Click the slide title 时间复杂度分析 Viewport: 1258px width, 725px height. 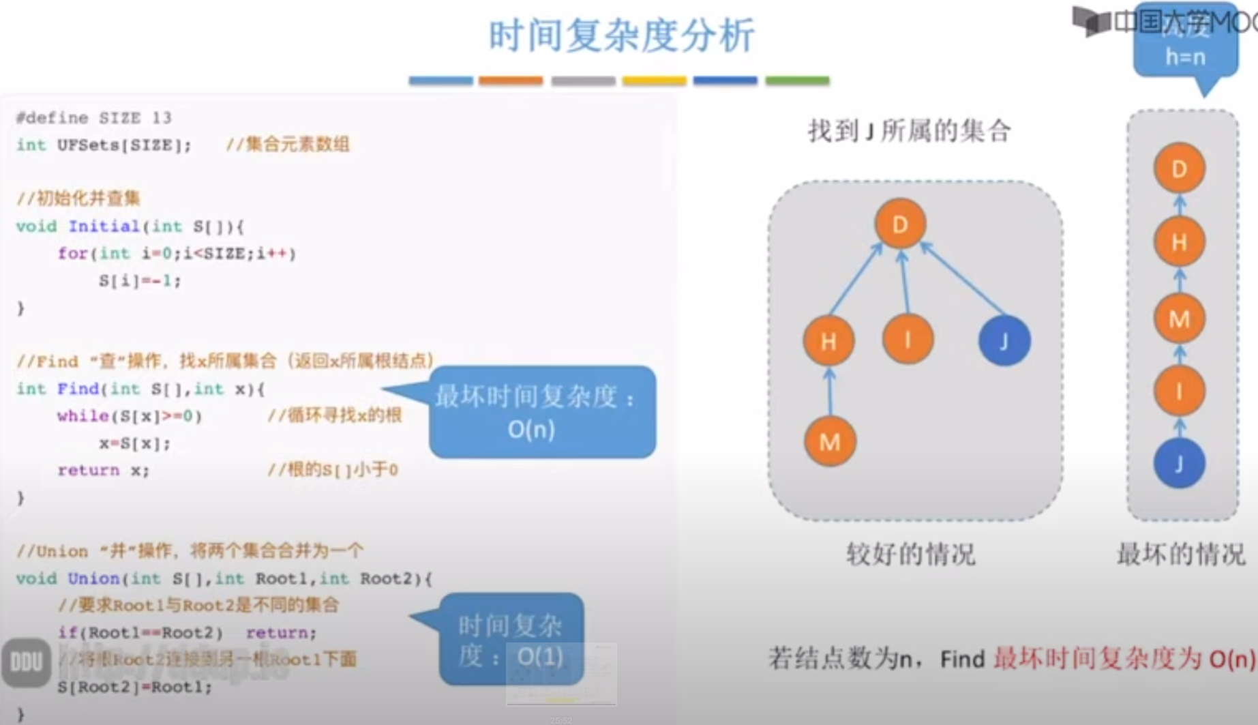click(621, 35)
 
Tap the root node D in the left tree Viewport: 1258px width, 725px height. click(900, 224)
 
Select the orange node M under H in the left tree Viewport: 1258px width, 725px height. click(829, 442)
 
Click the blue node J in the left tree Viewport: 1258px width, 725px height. click(1004, 340)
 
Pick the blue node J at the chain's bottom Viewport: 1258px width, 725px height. click(1179, 464)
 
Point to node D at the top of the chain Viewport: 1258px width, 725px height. click(1179, 168)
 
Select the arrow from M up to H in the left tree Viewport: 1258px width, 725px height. click(829, 392)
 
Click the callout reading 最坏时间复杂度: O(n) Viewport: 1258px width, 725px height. click(542, 412)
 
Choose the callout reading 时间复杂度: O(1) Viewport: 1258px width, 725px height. click(511, 640)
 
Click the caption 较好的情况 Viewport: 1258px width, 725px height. click(910, 554)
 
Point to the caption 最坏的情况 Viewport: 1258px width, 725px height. click(1180, 554)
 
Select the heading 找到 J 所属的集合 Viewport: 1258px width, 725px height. click(910, 130)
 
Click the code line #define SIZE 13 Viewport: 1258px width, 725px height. click(94, 118)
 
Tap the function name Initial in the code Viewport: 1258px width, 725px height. click(104, 226)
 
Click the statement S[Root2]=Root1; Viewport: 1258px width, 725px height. click(135, 687)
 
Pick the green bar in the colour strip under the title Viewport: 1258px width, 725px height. click(797, 80)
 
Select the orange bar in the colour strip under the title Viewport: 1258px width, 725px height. click(511, 80)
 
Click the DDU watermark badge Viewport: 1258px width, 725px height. click(26, 662)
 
